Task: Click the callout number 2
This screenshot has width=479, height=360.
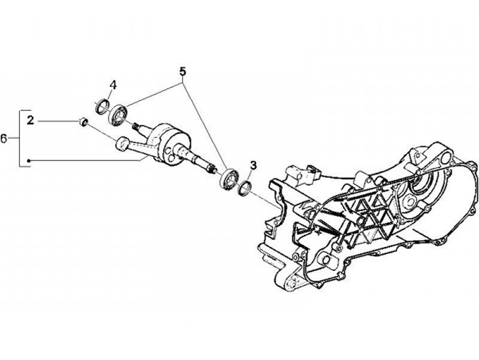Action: [30, 120]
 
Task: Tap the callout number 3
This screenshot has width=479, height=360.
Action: [253, 164]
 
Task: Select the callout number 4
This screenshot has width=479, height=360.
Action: [113, 85]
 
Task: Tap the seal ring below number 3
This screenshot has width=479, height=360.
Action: [243, 189]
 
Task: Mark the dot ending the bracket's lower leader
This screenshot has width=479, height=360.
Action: [30, 160]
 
